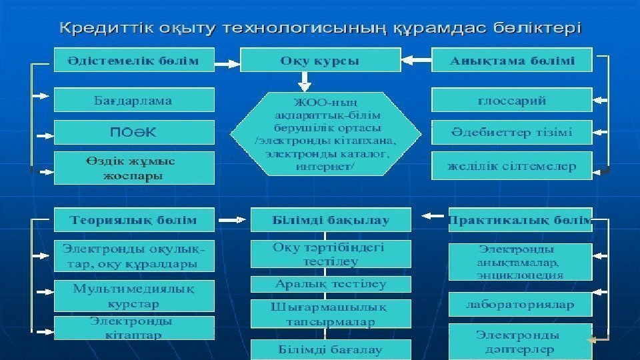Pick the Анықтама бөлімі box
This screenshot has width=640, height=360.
coord(512,61)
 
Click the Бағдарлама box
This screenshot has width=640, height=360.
coord(133,101)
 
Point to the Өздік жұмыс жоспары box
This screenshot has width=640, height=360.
coord(133,169)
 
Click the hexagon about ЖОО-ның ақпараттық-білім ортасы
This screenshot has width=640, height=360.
coord(326,134)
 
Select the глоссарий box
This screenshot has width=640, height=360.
coord(512,101)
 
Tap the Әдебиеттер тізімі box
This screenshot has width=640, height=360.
coord(512,131)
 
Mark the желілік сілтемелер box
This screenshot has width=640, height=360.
coord(512,166)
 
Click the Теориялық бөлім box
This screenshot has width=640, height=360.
coord(133,219)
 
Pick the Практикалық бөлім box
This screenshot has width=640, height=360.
coord(520,219)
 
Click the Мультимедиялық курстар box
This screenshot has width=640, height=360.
coord(133,296)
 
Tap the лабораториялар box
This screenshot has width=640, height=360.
coord(520,304)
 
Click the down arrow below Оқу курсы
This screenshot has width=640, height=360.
coord(305,81)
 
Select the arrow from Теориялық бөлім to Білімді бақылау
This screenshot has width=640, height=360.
coord(233,219)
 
